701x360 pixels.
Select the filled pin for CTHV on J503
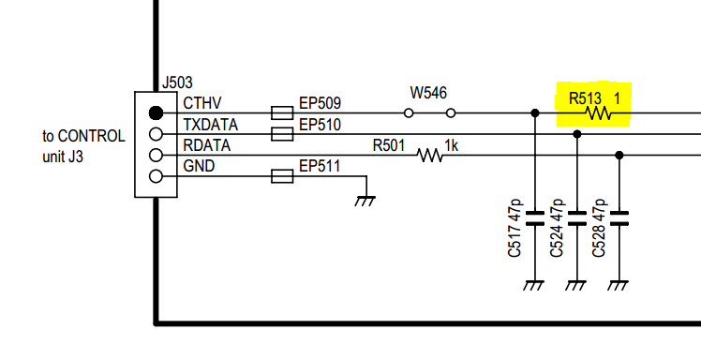[157, 112]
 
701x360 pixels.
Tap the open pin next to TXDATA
[157, 134]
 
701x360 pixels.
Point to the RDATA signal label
[206, 146]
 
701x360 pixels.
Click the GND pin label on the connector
[199, 168]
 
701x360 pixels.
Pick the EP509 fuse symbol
[282, 112]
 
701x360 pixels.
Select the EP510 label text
[320, 125]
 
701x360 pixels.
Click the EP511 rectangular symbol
[282, 175]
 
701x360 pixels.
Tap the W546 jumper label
[428, 93]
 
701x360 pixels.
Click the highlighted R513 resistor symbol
[597, 113]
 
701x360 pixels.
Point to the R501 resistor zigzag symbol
[430, 155]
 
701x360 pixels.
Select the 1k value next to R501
[451, 145]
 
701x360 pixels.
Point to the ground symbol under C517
[535, 284]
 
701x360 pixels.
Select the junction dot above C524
[577, 134]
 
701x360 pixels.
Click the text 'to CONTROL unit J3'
[83, 146]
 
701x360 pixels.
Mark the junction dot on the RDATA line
[619, 155]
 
